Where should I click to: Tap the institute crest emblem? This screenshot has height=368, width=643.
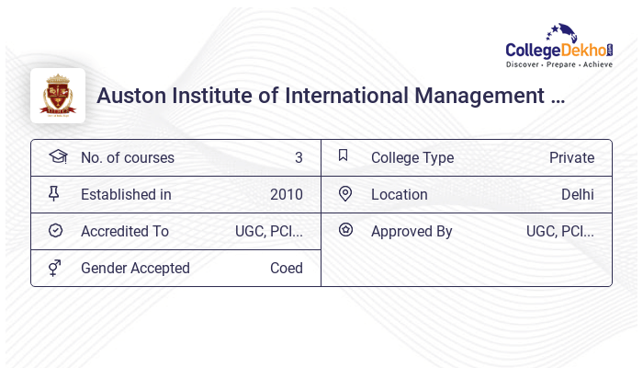coord(58,96)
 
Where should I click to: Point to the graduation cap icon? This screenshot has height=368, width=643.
coord(58,156)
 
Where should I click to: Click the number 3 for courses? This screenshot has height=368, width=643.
coord(299,157)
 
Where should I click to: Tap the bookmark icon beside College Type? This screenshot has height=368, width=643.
coord(344,155)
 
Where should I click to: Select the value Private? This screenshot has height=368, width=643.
coord(571,157)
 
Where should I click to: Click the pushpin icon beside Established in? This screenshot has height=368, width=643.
coord(53,193)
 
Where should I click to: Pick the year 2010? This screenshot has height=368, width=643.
coord(287,194)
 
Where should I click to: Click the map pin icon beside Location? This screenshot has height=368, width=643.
coord(345,193)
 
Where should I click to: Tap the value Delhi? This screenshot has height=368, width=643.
coord(578,194)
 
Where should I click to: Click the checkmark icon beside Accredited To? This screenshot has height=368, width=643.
coord(55,230)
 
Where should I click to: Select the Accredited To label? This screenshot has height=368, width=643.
coord(125,231)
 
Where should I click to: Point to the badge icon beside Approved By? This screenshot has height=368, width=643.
coord(345,230)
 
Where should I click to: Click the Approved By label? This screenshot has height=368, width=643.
coord(412,231)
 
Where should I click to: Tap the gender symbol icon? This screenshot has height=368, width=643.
coord(55,268)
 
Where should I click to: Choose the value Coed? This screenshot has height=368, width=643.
coord(287,268)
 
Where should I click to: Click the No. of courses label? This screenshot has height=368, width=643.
coord(128,157)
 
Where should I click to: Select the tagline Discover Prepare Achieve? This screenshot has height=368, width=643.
coord(559,64)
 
